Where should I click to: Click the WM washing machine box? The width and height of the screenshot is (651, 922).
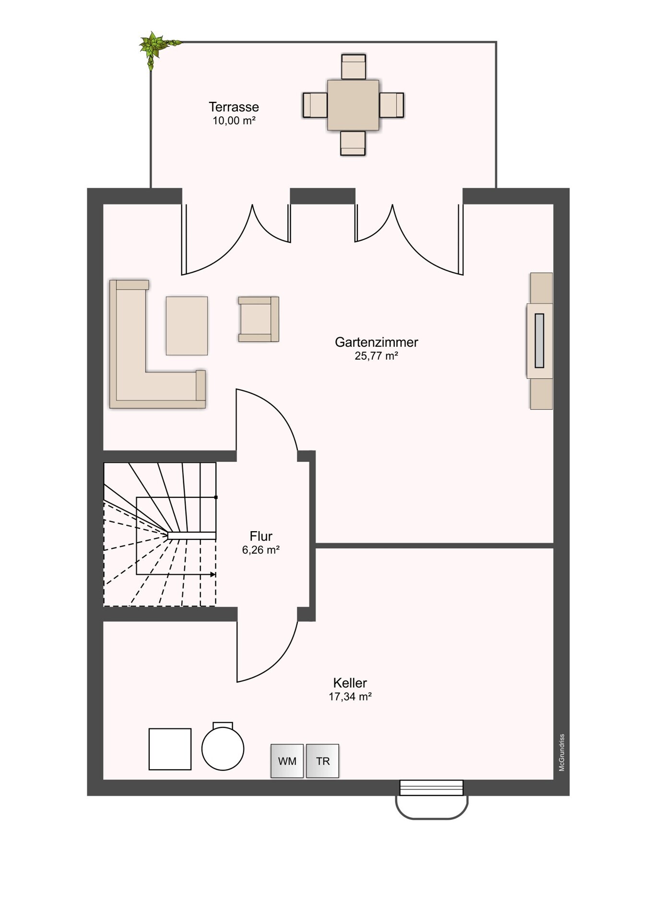click(x=287, y=761)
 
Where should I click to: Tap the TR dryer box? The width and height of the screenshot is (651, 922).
click(x=322, y=761)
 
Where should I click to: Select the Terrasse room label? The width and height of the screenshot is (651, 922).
click(x=234, y=107)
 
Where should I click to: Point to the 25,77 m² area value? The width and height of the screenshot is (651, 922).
click(x=376, y=356)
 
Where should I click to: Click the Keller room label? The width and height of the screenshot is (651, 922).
click(x=350, y=682)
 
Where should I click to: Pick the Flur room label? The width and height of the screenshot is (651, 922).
click(x=261, y=536)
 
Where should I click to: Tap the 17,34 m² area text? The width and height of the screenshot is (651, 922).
click(x=350, y=696)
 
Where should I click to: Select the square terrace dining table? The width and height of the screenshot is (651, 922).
click(x=353, y=105)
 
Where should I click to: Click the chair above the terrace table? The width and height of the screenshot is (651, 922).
click(x=354, y=67)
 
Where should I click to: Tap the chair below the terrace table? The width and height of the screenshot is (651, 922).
click(x=353, y=143)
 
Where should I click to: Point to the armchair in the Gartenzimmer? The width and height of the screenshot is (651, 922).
click(x=259, y=319)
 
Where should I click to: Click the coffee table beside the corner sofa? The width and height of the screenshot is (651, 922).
click(x=187, y=326)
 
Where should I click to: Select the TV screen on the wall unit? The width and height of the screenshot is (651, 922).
click(x=539, y=340)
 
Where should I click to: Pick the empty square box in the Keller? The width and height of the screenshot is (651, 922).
click(x=170, y=749)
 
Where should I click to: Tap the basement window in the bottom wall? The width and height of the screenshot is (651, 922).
click(x=431, y=788)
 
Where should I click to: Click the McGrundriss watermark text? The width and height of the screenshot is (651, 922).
click(x=562, y=752)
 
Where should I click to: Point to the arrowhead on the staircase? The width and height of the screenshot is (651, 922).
click(x=213, y=574)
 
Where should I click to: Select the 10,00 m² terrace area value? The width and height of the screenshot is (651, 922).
click(x=234, y=121)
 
